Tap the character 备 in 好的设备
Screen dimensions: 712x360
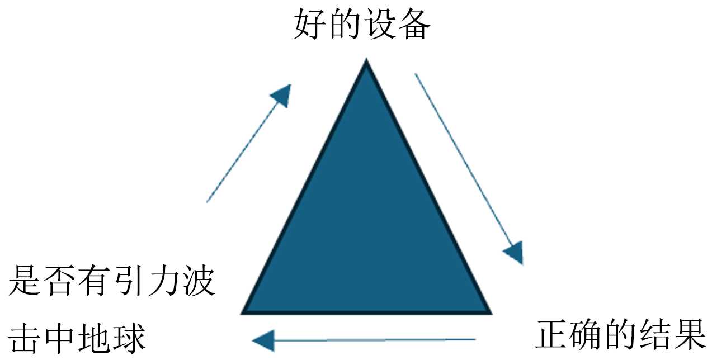[414, 24]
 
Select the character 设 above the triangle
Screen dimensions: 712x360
[380, 24]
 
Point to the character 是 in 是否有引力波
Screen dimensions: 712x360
[25, 281]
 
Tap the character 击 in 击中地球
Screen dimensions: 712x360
[25, 337]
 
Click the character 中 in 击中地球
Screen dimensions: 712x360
[60, 337]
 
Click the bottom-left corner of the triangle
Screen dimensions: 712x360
[244, 312]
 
